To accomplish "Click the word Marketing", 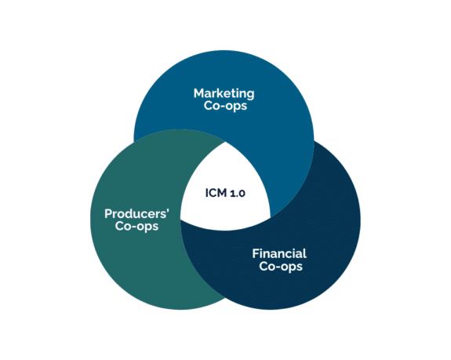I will pos(224,93).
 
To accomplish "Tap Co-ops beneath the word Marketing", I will pos(224,107).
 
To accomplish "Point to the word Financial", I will pos(279,253).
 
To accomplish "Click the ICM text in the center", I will pos(215,191).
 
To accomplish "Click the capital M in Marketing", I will pos(199,93).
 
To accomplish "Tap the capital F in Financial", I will pos(255,253).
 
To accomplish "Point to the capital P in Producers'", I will pos(108,213).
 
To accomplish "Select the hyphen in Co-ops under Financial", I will pos(277,267).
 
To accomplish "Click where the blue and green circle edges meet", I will pos(135,141).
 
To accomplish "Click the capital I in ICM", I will pos(207,191).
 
